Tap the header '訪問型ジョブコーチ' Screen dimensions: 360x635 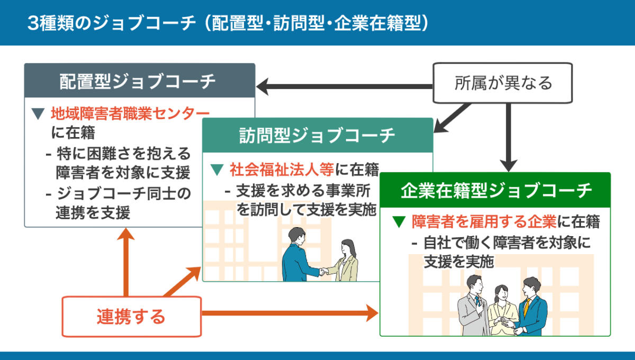tap(317, 136)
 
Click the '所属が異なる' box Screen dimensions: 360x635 tap(503, 83)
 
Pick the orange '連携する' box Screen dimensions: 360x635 tap(132, 316)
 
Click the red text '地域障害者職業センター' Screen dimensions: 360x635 tap(130, 113)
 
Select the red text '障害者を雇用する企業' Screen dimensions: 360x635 tap(484, 222)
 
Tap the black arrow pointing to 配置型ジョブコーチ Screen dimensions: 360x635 tap(344, 85)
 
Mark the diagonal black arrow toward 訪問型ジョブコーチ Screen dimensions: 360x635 tap(452, 117)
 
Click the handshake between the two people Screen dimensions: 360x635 tap(323, 272)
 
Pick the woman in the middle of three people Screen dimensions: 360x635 tap(500, 310)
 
